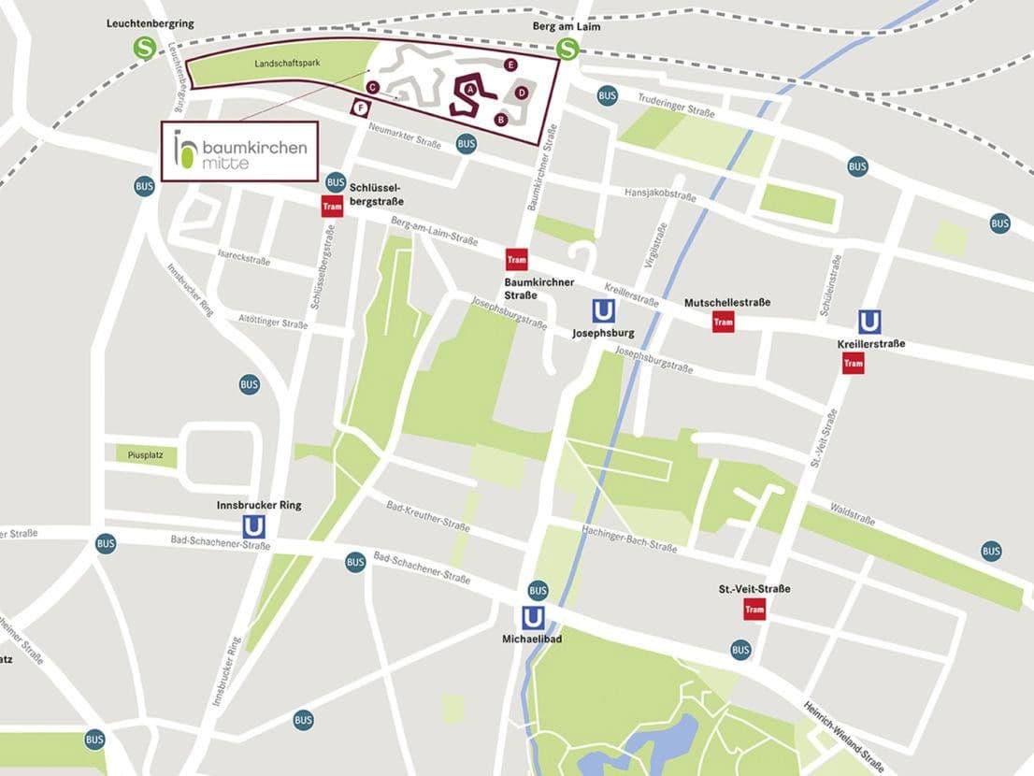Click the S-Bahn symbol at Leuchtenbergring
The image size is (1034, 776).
click(x=144, y=48)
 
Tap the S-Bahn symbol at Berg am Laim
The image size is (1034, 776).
click(x=567, y=49)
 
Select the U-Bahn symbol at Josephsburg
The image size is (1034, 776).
click(x=603, y=310)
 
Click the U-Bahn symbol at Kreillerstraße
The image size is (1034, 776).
click(x=869, y=322)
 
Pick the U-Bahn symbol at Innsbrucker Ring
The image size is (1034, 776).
click(x=253, y=527)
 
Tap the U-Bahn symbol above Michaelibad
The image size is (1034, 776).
click(x=533, y=618)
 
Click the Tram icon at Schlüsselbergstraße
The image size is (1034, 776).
click(x=332, y=207)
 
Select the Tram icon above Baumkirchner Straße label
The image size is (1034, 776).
click(x=517, y=259)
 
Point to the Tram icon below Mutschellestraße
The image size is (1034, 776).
click(x=723, y=322)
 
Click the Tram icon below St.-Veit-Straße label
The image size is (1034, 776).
click(x=754, y=610)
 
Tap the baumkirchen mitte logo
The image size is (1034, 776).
click(x=239, y=151)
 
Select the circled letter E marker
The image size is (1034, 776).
click(x=510, y=65)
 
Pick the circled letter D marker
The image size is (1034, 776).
click(x=522, y=93)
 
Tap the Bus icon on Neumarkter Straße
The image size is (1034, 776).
click(x=466, y=143)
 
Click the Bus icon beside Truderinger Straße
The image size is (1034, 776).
click(x=608, y=95)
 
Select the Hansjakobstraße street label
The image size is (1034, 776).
click(x=660, y=195)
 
